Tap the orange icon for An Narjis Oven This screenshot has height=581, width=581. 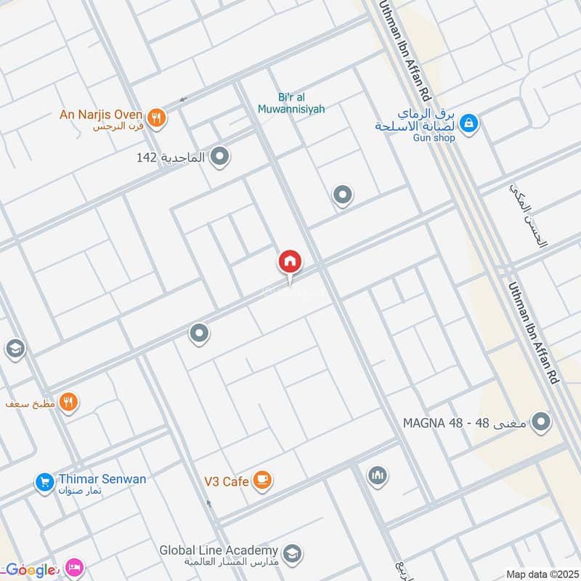tap(156, 117)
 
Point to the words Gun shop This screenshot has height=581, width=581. tap(434, 138)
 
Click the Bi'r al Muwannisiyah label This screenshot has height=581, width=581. tap(291, 103)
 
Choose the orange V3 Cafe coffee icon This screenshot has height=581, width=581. tap(263, 481)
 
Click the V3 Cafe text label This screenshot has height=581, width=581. tap(225, 482)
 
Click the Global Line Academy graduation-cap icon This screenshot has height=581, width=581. tap(292, 553)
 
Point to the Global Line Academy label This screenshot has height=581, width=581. tap(219, 550)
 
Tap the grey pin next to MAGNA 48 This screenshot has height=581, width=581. tap(540, 422)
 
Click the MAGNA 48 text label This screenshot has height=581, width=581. tap(466, 423)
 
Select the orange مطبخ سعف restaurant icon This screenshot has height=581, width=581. tap(69, 402)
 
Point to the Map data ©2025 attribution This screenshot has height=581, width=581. tap(542, 574)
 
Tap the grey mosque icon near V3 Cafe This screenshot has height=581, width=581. tap(377, 476)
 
